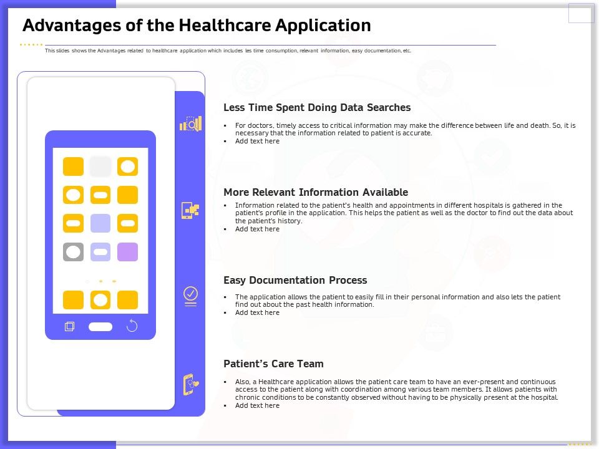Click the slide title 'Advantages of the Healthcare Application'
pos(197,26)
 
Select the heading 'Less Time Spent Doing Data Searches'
pos(317,108)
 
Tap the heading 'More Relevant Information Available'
pos(316,192)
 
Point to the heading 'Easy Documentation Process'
pos(295,280)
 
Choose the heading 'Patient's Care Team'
pos(273,364)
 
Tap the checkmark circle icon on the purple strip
pos(190,294)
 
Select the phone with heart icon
pos(190,384)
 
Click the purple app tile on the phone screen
pos(127,252)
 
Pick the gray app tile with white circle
pos(74,252)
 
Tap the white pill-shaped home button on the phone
pos(100,327)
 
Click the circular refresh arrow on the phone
pos(132,326)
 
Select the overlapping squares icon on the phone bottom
pos(69,326)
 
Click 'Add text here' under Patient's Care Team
pos(257,405)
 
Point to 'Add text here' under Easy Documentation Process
pos(257,312)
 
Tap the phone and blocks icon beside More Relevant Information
pos(190,210)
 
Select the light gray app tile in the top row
pos(100,167)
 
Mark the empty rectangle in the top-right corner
pos(581,12)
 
